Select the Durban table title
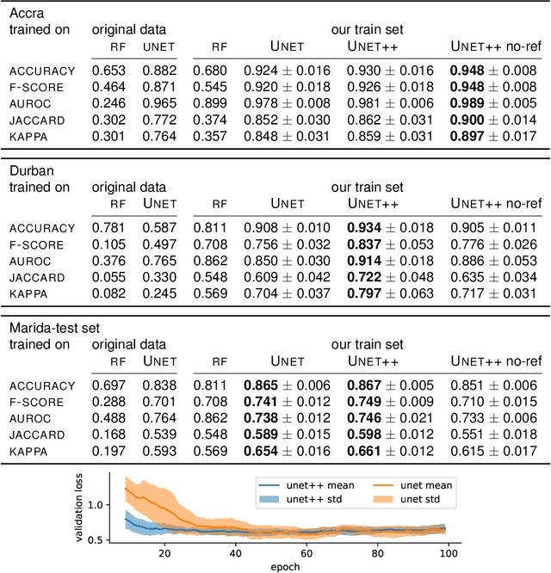tap(30, 169)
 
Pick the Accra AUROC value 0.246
tap(109, 102)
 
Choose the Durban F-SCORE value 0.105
tap(109, 243)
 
